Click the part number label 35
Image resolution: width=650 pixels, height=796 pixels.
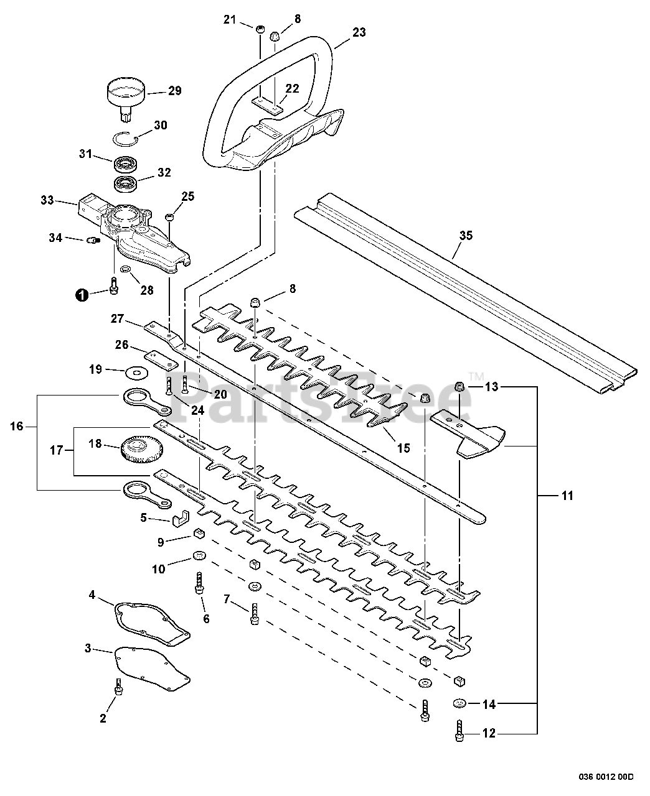coord(466,236)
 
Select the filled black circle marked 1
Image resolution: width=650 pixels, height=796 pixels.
coord(82,295)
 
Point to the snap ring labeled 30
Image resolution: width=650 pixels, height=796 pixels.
coord(126,138)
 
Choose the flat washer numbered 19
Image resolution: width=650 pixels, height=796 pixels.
coord(136,374)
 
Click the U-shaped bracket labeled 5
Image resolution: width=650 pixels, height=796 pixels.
coord(181,519)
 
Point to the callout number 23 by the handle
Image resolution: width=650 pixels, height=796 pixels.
coord(359,32)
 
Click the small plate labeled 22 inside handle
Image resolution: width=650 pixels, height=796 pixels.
coord(267,106)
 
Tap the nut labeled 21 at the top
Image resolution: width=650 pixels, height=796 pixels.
coord(260,29)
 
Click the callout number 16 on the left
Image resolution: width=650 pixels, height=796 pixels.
coord(17,427)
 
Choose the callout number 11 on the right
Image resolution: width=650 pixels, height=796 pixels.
coord(567,496)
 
